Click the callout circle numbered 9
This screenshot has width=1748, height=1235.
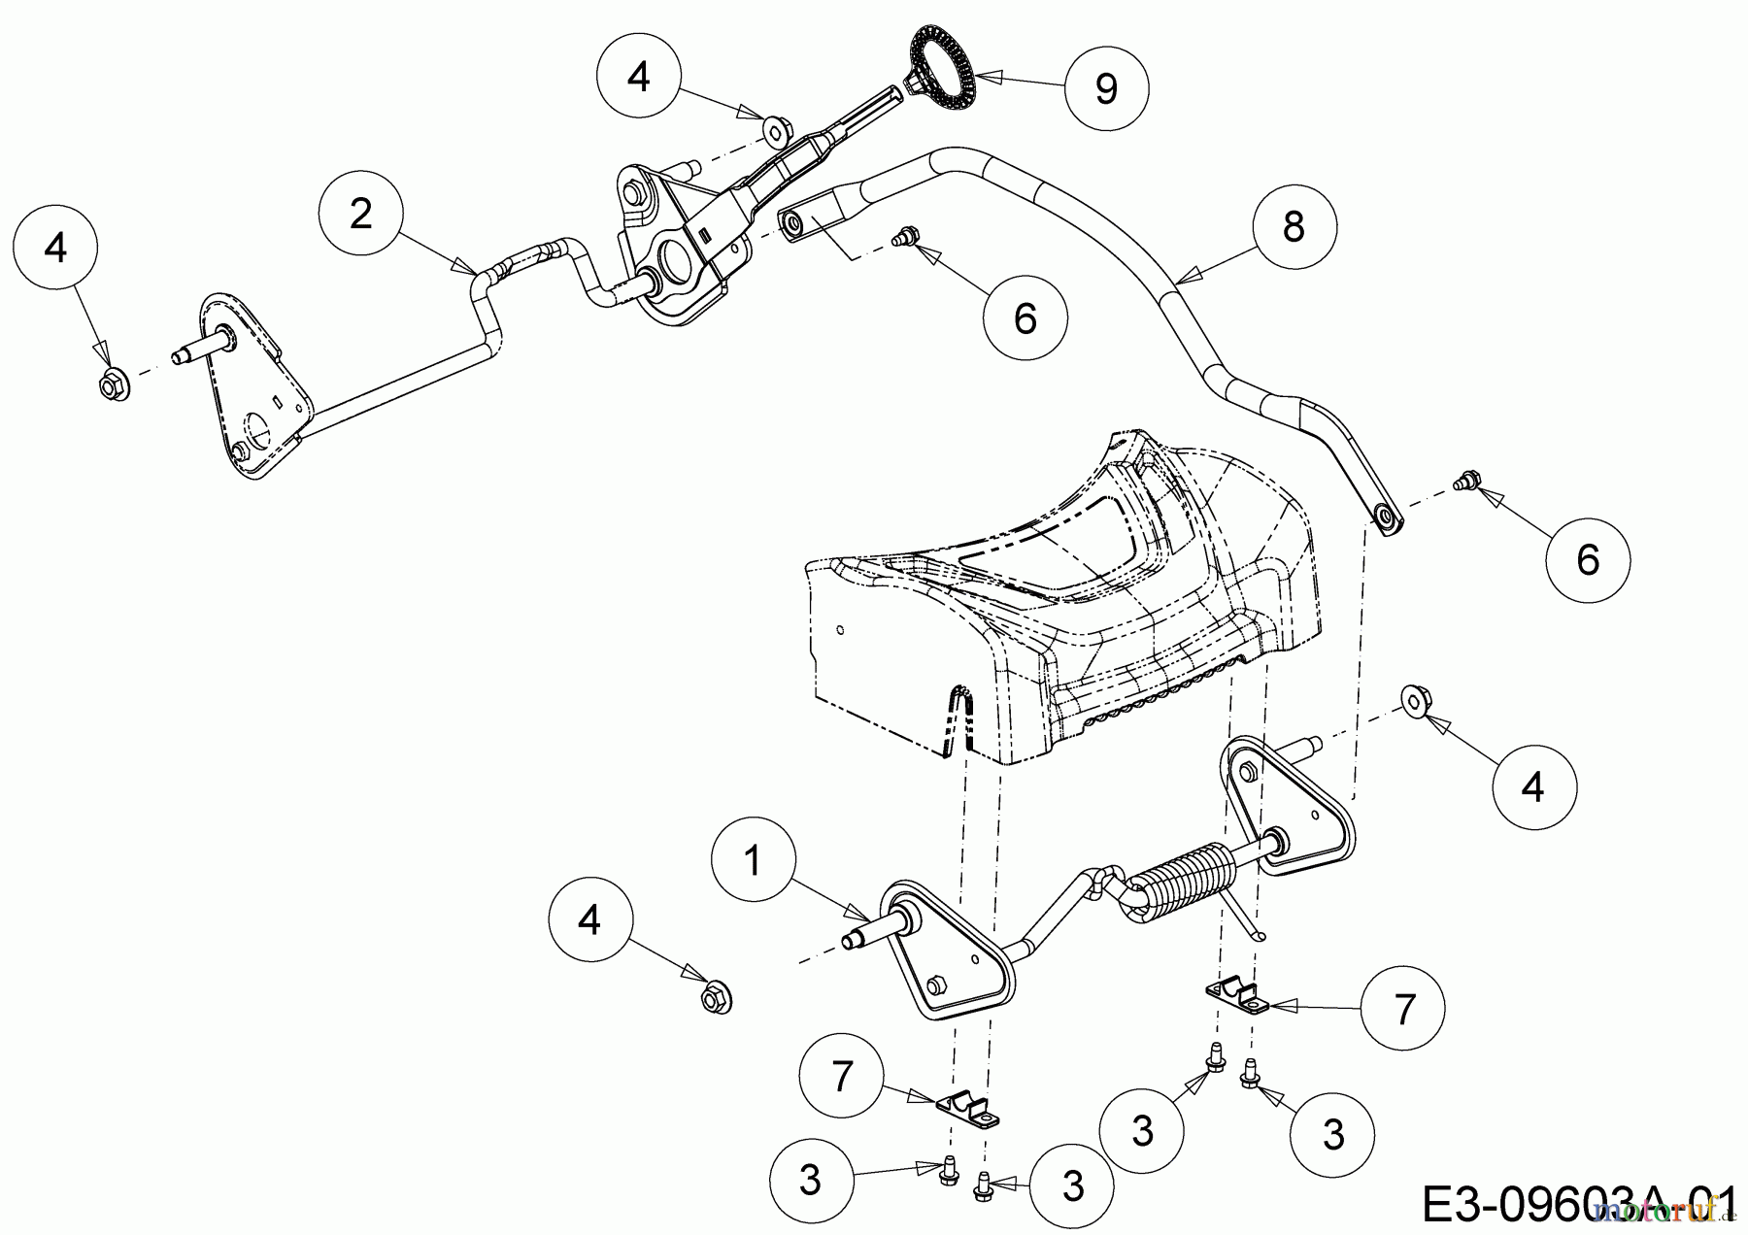pos(1106,88)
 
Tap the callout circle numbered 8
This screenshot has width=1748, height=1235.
pos(1293,227)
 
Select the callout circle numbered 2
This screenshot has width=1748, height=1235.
pos(360,214)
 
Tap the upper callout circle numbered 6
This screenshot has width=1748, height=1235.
pos(1025,317)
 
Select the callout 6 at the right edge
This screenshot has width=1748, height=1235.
pos(1587,559)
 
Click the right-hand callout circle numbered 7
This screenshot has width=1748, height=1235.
pos(1403,1010)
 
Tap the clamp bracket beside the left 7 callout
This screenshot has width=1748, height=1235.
pos(967,1112)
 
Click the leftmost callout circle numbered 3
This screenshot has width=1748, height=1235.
pos(810,1180)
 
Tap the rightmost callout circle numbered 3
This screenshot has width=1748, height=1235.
pos(1333,1133)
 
